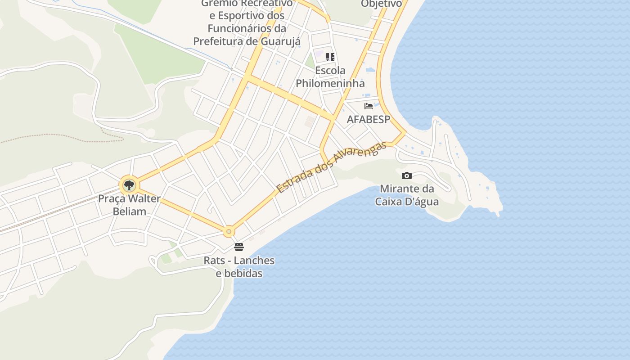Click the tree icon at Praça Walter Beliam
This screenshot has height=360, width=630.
(x=129, y=185)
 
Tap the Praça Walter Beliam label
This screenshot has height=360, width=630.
(x=129, y=205)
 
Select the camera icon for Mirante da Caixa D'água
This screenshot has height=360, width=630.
(x=407, y=175)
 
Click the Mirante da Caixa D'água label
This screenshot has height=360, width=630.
(x=407, y=195)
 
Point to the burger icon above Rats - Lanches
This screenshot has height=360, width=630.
(x=239, y=247)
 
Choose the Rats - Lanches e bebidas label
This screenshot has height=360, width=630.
(x=239, y=267)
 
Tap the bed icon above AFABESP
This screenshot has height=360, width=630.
(x=369, y=106)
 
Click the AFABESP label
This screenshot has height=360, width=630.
(x=369, y=120)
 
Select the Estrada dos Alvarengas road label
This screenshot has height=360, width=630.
(x=332, y=167)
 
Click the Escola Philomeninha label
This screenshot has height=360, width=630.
(x=330, y=77)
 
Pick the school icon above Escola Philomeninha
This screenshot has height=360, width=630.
(x=330, y=57)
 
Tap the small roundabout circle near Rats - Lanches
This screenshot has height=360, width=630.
(x=229, y=232)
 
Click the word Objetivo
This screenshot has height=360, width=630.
(x=381, y=4)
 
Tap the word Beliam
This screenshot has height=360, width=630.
(x=129, y=211)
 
